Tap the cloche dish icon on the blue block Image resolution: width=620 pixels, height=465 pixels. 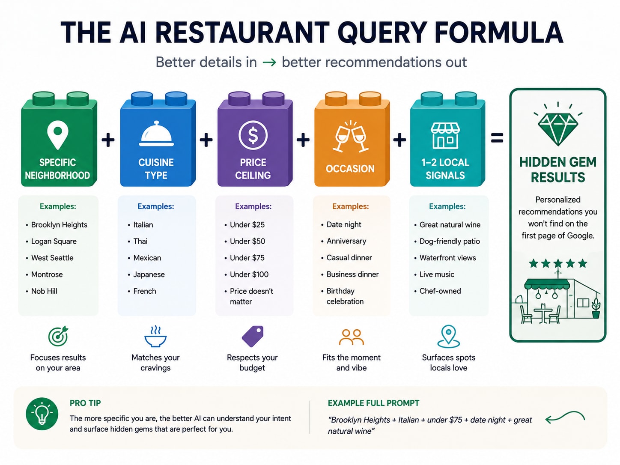tap(156, 134)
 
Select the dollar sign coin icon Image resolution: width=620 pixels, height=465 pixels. tap(253, 135)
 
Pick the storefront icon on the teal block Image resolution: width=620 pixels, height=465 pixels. tap(445, 136)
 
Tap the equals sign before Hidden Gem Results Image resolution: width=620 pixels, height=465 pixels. tap(497, 138)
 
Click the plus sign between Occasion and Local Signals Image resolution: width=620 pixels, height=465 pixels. tap(399, 140)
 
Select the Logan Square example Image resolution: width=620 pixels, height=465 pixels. tap(54, 241)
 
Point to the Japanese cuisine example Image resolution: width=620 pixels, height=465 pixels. tap(149, 274)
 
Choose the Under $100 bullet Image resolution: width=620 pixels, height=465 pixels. tap(249, 274)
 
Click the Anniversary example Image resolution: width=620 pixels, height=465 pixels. tap(346, 241)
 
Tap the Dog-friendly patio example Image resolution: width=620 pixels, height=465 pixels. tap(450, 241)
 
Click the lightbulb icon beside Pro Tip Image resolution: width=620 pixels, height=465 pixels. tap(42, 414)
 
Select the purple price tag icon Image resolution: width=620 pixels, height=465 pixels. tap(253, 336)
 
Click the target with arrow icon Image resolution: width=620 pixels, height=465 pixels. tap(58, 336)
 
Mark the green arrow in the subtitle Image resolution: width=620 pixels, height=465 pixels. tap(269, 63)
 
